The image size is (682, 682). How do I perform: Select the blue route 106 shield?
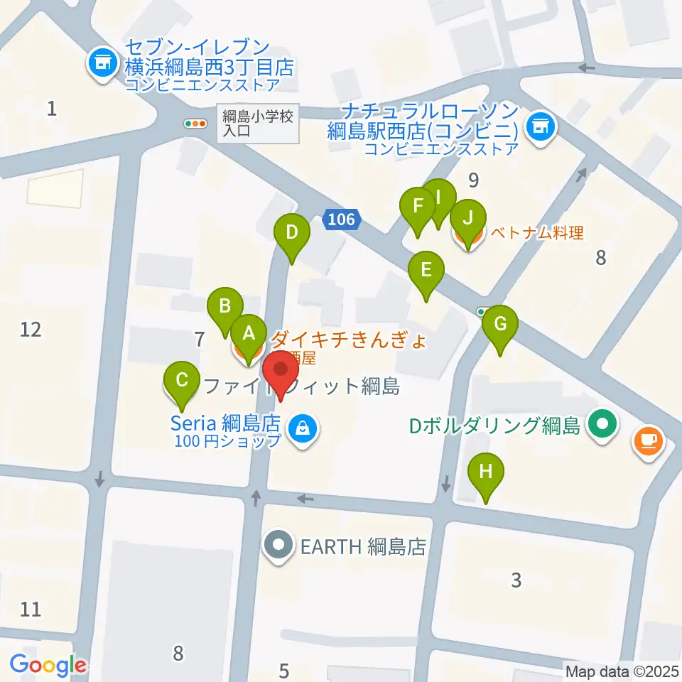(x=342, y=220)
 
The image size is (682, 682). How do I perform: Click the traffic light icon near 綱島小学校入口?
(x=195, y=123)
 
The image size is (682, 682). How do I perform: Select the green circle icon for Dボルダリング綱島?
(x=603, y=426)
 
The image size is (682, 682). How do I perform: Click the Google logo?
(x=48, y=666)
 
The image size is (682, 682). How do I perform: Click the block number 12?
(x=31, y=329)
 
